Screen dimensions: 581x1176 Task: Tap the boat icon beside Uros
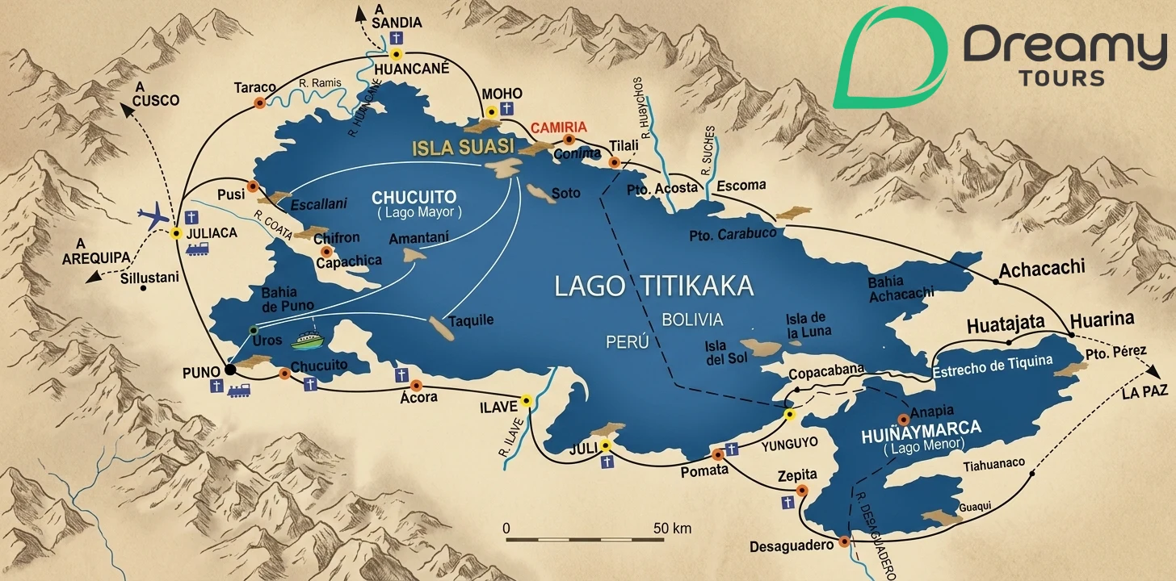click(x=306, y=341)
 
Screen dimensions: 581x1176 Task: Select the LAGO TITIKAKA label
click(x=654, y=285)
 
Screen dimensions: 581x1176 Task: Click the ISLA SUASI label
click(x=463, y=148)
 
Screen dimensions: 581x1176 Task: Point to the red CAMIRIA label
click(x=558, y=127)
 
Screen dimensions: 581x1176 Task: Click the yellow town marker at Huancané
click(x=396, y=55)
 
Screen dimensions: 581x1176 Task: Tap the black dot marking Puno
click(x=230, y=370)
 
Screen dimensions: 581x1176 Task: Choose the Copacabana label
click(x=821, y=374)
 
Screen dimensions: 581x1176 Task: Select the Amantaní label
click(x=418, y=239)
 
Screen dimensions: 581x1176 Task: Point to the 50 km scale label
click(x=671, y=529)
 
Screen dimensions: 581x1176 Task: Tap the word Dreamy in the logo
click(x=1064, y=48)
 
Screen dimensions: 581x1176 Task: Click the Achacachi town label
click(x=1042, y=270)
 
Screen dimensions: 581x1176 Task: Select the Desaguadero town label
click(x=791, y=546)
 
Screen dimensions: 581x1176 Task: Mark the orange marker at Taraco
click(x=260, y=102)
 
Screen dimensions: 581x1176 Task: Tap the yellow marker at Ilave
click(x=527, y=399)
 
